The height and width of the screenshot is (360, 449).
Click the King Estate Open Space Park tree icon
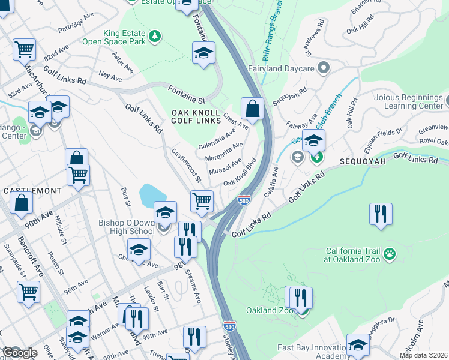155,37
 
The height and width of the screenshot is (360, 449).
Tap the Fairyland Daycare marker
324,67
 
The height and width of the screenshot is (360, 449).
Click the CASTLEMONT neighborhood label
32,190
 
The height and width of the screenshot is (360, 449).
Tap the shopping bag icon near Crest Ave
253,109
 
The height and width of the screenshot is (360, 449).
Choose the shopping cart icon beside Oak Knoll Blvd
202,200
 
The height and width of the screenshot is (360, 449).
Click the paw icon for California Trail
391,254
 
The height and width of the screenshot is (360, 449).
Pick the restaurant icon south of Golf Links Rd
381,214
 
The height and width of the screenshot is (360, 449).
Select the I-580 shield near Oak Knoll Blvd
244,199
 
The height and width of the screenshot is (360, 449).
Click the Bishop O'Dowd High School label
127,227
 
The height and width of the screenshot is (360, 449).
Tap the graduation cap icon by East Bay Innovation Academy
358,345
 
